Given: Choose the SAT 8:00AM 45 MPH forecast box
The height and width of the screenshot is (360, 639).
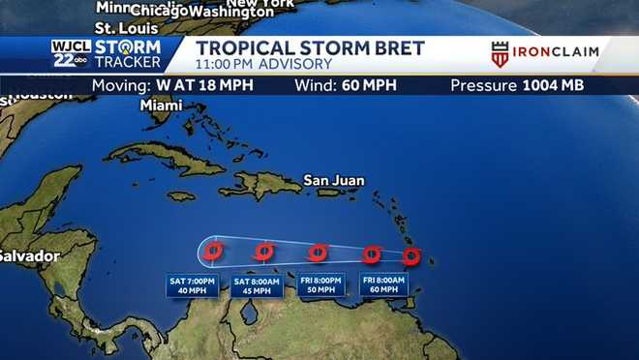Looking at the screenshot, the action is [x=257, y=285].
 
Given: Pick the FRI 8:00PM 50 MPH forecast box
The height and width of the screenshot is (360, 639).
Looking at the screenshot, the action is [x=321, y=285].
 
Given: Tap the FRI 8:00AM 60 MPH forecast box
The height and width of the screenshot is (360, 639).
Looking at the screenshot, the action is [x=383, y=285].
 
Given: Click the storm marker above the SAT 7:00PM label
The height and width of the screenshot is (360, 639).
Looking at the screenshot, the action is [x=214, y=251].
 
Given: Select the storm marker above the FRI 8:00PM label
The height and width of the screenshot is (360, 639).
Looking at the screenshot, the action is [x=317, y=253].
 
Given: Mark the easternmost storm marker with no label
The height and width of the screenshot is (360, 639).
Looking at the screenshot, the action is [x=411, y=256].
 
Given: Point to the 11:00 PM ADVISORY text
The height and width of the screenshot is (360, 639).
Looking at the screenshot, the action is [x=264, y=64].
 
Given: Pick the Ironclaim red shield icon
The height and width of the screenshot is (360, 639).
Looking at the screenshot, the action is [x=501, y=54].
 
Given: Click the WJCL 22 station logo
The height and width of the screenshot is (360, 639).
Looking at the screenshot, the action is [x=71, y=54].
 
